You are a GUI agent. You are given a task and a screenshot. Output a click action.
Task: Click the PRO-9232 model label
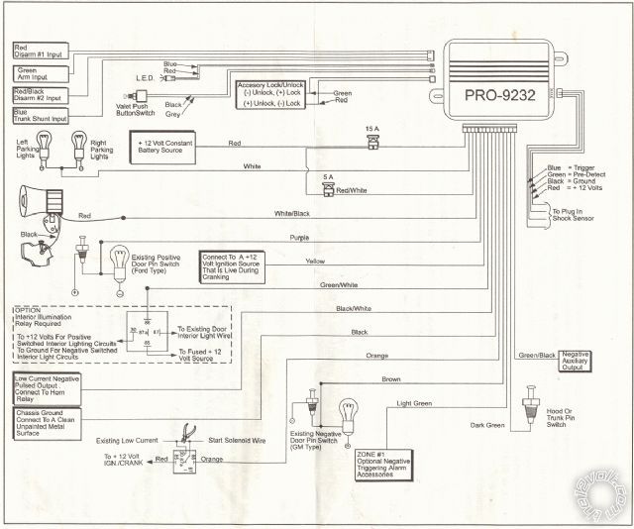pos(500,96)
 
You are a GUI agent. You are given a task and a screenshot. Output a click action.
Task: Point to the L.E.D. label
pos(146,77)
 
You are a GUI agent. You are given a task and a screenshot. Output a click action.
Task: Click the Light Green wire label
pos(415,404)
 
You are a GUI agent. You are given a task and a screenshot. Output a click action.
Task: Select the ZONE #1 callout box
pos(382,461)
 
